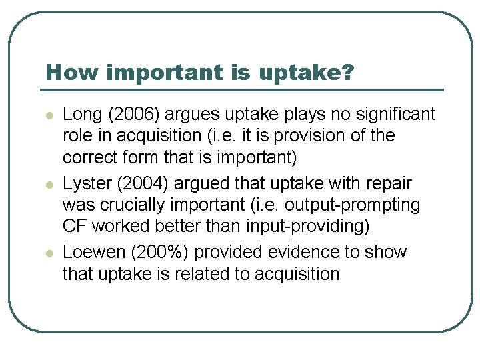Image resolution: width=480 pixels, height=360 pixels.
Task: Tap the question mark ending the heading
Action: pos(347,72)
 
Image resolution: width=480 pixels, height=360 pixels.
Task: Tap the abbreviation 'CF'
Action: pos(75,227)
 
